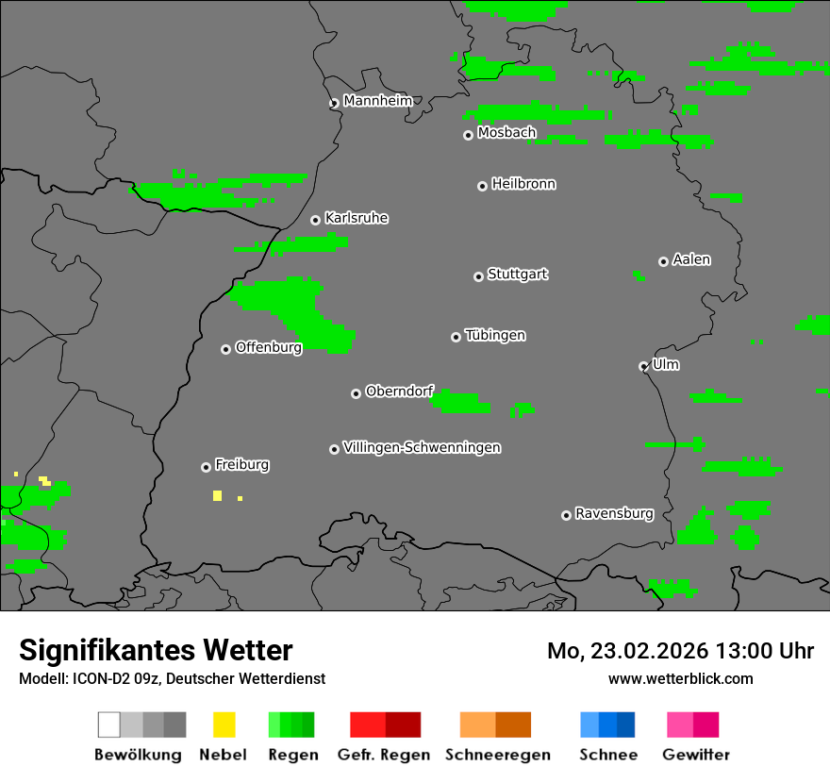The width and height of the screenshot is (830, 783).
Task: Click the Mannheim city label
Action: pyautogui.click(x=377, y=101)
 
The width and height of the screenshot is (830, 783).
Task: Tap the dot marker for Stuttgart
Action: pyautogui.click(x=478, y=276)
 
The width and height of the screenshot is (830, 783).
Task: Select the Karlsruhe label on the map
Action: pyautogui.click(x=357, y=218)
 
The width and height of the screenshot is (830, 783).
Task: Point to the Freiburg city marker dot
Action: pyautogui.click(x=206, y=467)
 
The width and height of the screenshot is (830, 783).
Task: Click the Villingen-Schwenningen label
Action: pyautogui.click(x=422, y=447)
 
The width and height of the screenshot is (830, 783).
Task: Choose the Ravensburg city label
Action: pyautogui.click(x=614, y=513)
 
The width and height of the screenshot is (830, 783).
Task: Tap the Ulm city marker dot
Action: pyautogui.click(x=643, y=366)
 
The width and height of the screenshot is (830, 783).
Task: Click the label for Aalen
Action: pyautogui.click(x=691, y=259)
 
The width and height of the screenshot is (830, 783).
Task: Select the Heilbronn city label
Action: pyautogui.click(x=523, y=184)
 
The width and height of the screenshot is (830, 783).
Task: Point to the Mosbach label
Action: pyautogui.click(x=506, y=133)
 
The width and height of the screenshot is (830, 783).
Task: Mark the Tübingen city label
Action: pyautogui.click(x=495, y=335)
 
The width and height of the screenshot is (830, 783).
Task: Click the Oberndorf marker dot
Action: pyautogui.click(x=356, y=393)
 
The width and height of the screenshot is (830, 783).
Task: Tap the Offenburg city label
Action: pyautogui.click(x=268, y=347)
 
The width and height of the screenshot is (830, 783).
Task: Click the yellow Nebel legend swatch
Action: pyautogui.click(x=224, y=725)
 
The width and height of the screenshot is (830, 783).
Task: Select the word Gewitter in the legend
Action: pyautogui.click(x=695, y=755)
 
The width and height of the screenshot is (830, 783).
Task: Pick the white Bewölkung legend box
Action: pyautogui.click(x=109, y=725)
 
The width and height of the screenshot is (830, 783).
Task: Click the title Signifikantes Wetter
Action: pyautogui.click(x=156, y=650)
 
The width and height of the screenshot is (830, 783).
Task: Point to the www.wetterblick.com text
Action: pyautogui.click(x=680, y=678)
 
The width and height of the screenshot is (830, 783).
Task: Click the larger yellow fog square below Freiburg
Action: pyautogui.click(x=217, y=495)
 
